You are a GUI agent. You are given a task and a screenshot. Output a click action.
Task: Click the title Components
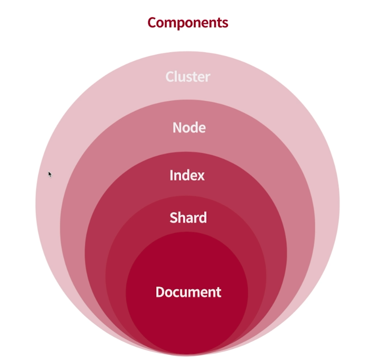(188, 23)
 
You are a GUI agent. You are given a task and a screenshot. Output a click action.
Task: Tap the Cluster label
(188, 77)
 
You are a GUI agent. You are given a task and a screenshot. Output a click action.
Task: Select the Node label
(189, 128)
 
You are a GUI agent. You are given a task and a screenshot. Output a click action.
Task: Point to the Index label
(187, 175)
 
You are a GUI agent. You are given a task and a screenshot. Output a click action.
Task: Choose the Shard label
(188, 218)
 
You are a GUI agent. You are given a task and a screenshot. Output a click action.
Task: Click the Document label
(188, 292)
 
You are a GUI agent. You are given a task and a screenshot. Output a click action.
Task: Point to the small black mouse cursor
(50, 174)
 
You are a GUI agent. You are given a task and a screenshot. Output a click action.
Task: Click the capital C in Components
(152, 22)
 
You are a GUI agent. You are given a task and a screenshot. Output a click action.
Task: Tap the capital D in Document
(160, 292)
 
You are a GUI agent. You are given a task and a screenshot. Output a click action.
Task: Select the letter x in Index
(201, 176)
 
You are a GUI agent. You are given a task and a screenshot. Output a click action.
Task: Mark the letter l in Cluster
(175, 76)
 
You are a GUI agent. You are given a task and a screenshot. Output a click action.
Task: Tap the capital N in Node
(177, 128)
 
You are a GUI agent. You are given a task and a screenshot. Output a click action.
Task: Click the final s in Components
(225, 23)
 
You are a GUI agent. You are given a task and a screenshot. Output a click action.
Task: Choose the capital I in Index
(171, 175)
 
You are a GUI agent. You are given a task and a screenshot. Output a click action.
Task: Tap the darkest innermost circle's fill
(187, 321)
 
